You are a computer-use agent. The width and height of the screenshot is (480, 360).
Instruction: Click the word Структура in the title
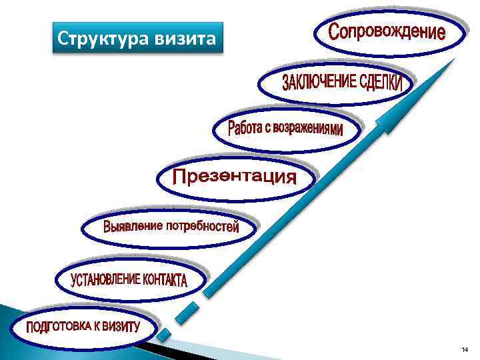pyautogui.click(x=95, y=39)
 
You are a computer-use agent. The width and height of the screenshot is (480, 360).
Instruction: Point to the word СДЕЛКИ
pyautogui.click(x=381, y=82)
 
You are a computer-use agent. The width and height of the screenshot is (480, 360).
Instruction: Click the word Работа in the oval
pyautogui.click(x=247, y=127)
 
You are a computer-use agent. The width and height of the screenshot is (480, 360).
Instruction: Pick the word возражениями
pyautogui.click(x=311, y=129)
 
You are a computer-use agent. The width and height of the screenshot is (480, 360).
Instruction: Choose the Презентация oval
pyautogui.click(x=235, y=177)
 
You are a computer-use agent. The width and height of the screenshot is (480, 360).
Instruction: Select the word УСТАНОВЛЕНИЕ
pyautogui.click(x=105, y=279)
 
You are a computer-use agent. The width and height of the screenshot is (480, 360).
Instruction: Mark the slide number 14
pyautogui.click(x=465, y=351)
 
